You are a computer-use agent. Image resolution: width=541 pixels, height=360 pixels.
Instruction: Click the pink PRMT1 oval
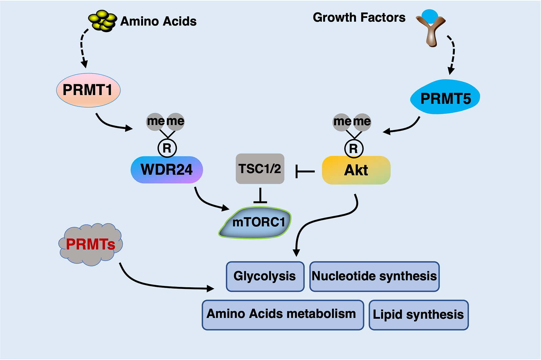tap(88, 90)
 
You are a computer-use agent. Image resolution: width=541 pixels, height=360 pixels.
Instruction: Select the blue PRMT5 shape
tap(445, 97)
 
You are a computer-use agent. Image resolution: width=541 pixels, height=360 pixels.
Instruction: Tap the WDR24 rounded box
tap(167, 170)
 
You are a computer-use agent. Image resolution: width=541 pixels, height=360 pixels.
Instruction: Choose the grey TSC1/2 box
tap(260, 168)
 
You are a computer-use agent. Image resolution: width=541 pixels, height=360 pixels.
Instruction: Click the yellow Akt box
tap(356, 170)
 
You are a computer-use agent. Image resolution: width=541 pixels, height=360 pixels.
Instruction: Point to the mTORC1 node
tap(255, 223)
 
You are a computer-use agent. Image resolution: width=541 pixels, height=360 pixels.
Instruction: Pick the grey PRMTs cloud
tap(91, 244)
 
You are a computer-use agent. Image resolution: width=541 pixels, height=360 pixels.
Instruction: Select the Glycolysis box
tap(265, 276)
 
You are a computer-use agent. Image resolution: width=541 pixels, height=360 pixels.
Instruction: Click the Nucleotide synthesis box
tap(374, 276)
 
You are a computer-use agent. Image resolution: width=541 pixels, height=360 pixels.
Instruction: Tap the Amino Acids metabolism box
tap(283, 315)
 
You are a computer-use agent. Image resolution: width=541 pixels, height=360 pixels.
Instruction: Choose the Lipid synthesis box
tap(419, 315)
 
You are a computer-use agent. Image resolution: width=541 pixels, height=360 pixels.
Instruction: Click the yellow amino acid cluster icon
tap(103, 21)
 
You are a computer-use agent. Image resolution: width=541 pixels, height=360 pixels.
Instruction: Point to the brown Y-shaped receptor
tap(431, 31)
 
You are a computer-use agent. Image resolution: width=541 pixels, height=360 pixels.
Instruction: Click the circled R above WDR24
tap(167, 148)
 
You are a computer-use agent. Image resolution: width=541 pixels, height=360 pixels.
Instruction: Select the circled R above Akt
tap(354, 149)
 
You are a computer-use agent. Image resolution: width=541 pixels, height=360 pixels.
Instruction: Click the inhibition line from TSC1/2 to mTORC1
tap(260, 195)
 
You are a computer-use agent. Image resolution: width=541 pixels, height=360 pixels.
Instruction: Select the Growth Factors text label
tap(359, 18)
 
